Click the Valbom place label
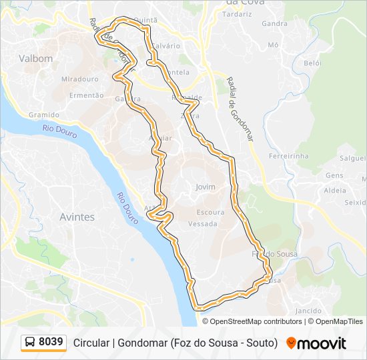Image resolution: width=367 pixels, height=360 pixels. (x=36, y=59)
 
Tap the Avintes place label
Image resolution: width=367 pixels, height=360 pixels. (x=77, y=217)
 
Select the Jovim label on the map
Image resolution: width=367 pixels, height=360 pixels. (x=206, y=187)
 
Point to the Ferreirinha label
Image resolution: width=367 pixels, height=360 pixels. (x=288, y=156)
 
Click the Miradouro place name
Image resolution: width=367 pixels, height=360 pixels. (x=79, y=79)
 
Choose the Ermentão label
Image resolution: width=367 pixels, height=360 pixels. (x=87, y=95)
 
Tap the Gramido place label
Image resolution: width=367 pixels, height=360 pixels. (x=43, y=115)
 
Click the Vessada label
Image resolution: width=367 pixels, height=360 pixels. (x=203, y=224)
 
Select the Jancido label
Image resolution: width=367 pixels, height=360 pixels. (x=308, y=311)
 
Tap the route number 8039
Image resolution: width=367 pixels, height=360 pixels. (x=51, y=343)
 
